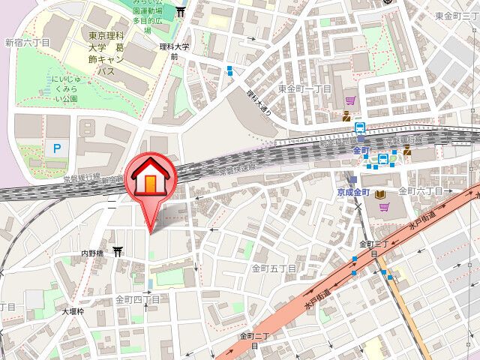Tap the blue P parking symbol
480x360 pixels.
55,149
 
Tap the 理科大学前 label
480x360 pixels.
174,51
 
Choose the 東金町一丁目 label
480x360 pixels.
304,88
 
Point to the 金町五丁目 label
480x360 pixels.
274,267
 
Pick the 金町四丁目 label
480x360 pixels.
138,299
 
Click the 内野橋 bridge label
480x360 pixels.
95,253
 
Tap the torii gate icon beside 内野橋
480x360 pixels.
118,252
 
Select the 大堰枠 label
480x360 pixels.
75,310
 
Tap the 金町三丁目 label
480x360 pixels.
373,248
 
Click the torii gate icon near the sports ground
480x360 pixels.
181,11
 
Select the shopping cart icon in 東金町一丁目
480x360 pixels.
350,100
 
